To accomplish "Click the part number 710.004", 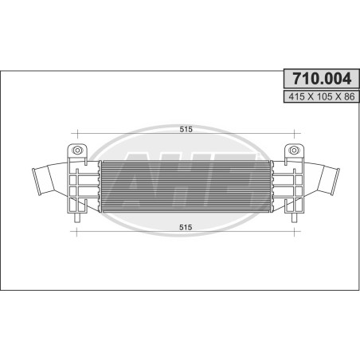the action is (322, 79).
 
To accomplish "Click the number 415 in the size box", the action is (296, 97).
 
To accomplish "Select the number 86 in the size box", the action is (349, 97).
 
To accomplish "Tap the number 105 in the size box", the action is (324, 97).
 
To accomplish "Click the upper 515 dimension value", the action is (186, 129).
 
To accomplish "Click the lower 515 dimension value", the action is (186, 228).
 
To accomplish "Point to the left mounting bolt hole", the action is (77, 151).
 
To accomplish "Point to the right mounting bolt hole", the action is (294, 151).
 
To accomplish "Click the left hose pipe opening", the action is (37, 182).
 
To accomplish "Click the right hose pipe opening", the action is (335, 182).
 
